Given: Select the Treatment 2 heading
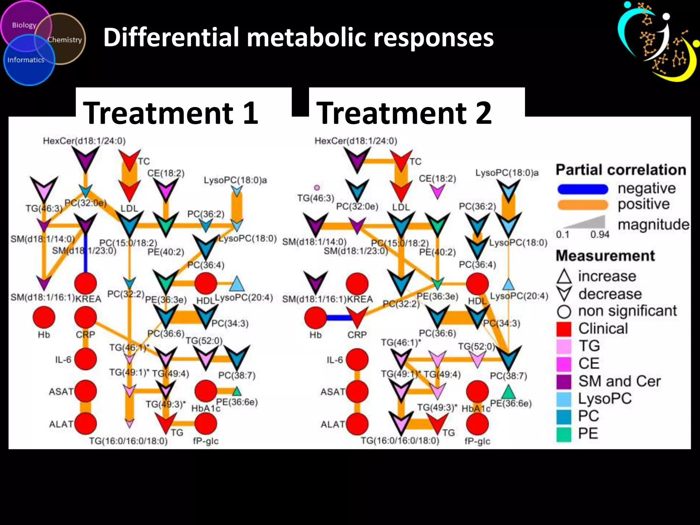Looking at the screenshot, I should pyautogui.click(x=404, y=113).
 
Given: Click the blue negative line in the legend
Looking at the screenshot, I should pyautogui.click(x=582, y=189).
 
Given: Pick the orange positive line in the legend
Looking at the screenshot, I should pyautogui.click(x=582, y=205).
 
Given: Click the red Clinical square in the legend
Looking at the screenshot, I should pyautogui.click(x=564, y=329).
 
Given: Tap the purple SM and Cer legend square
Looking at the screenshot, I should pyautogui.click(x=564, y=381).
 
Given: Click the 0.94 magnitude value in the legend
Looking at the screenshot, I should pyautogui.click(x=600, y=234).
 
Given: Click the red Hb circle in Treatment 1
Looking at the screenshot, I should pyautogui.click(x=44, y=317).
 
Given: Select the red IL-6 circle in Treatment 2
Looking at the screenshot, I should pyautogui.click(x=357, y=360).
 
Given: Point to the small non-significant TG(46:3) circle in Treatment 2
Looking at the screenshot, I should pyautogui.click(x=317, y=188).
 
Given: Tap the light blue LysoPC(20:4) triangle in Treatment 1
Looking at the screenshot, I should pyautogui.click(x=237, y=284).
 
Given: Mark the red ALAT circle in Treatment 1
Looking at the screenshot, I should pyautogui.click(x=85, y=423).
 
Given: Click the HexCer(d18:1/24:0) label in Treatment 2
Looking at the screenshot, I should pyautogui.click(x=355, y=141).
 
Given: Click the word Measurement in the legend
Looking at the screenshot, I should pyautogui.click(x=605, y=256).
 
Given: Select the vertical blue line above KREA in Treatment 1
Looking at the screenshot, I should pyautogui.click(x=85, y=255).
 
